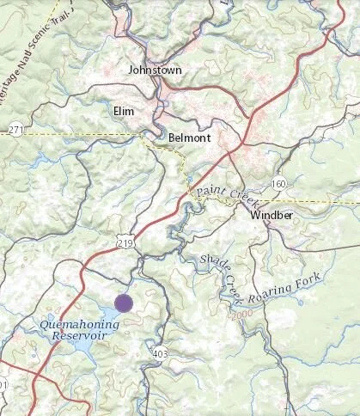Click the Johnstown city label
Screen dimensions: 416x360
point(155,70)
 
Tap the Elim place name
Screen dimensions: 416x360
point(124,111)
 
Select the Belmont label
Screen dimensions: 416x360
point(189,136)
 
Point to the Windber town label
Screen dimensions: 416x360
point(272,216)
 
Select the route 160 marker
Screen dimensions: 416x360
point(278,183)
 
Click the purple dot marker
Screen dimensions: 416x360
point(124,303)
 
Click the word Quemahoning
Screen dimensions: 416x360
point(73,324)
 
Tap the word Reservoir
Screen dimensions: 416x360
point(76,336)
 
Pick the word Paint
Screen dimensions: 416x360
point(210,191)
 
